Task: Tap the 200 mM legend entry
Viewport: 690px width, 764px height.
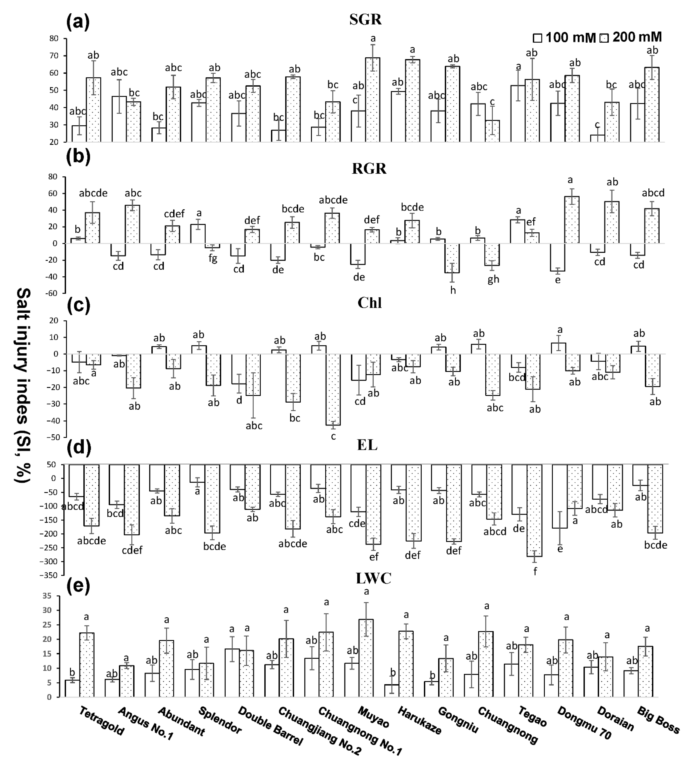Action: click(x=632, y=37)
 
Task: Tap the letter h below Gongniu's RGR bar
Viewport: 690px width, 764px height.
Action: click(x=453, y=290)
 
